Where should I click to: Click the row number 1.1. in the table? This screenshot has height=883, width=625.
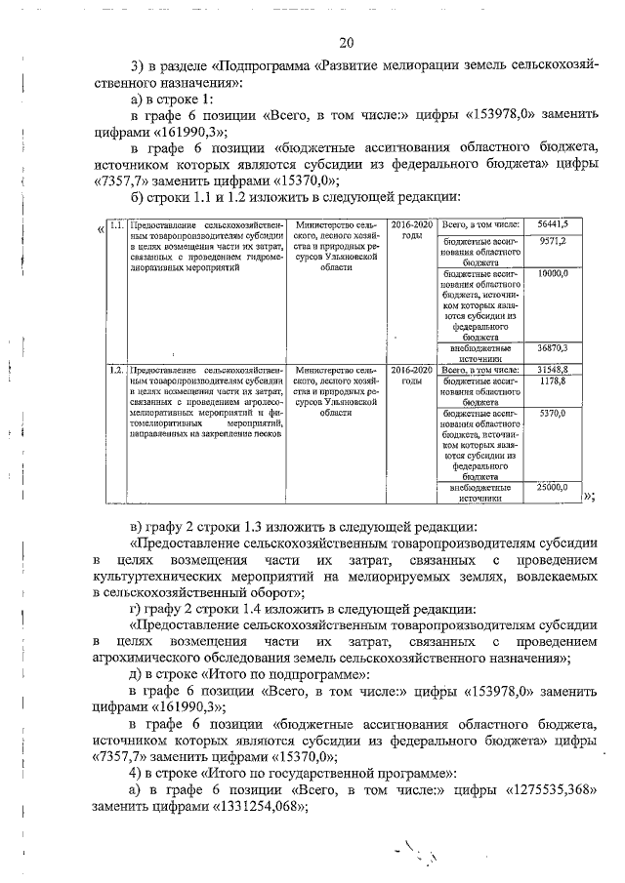pos(116,225)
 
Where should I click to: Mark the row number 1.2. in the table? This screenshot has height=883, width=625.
pos(116,371)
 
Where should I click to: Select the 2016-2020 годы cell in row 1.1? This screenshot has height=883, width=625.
pos(411,230)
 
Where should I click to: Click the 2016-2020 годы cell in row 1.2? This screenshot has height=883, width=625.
pos(411,376)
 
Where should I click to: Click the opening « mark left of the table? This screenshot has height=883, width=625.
pos(102,229)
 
